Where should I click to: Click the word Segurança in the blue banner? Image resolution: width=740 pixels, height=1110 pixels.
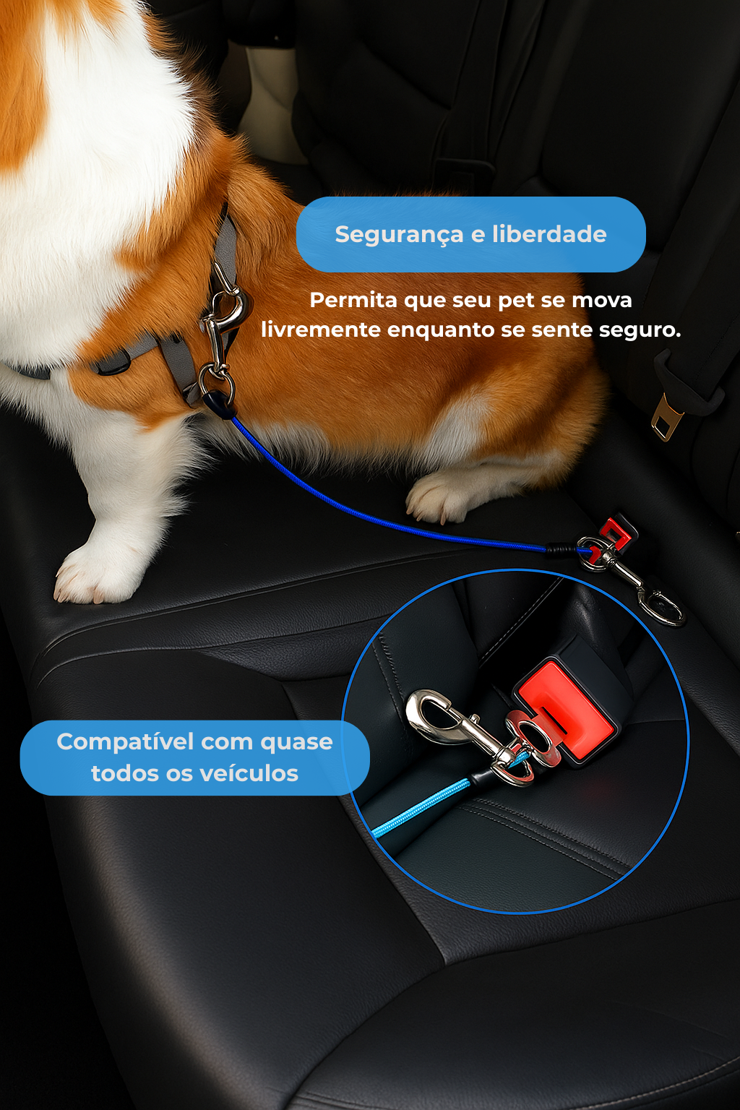pos(399,235)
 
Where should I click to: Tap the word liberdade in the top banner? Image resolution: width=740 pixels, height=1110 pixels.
pos(549,234)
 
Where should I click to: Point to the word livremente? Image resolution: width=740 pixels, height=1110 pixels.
pos(321,330)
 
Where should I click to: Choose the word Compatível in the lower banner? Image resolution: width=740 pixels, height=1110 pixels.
pos(125,742)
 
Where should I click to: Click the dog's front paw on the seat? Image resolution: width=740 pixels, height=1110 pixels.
pos(90,575)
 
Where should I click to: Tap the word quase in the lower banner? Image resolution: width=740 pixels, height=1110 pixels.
pos(296,742)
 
